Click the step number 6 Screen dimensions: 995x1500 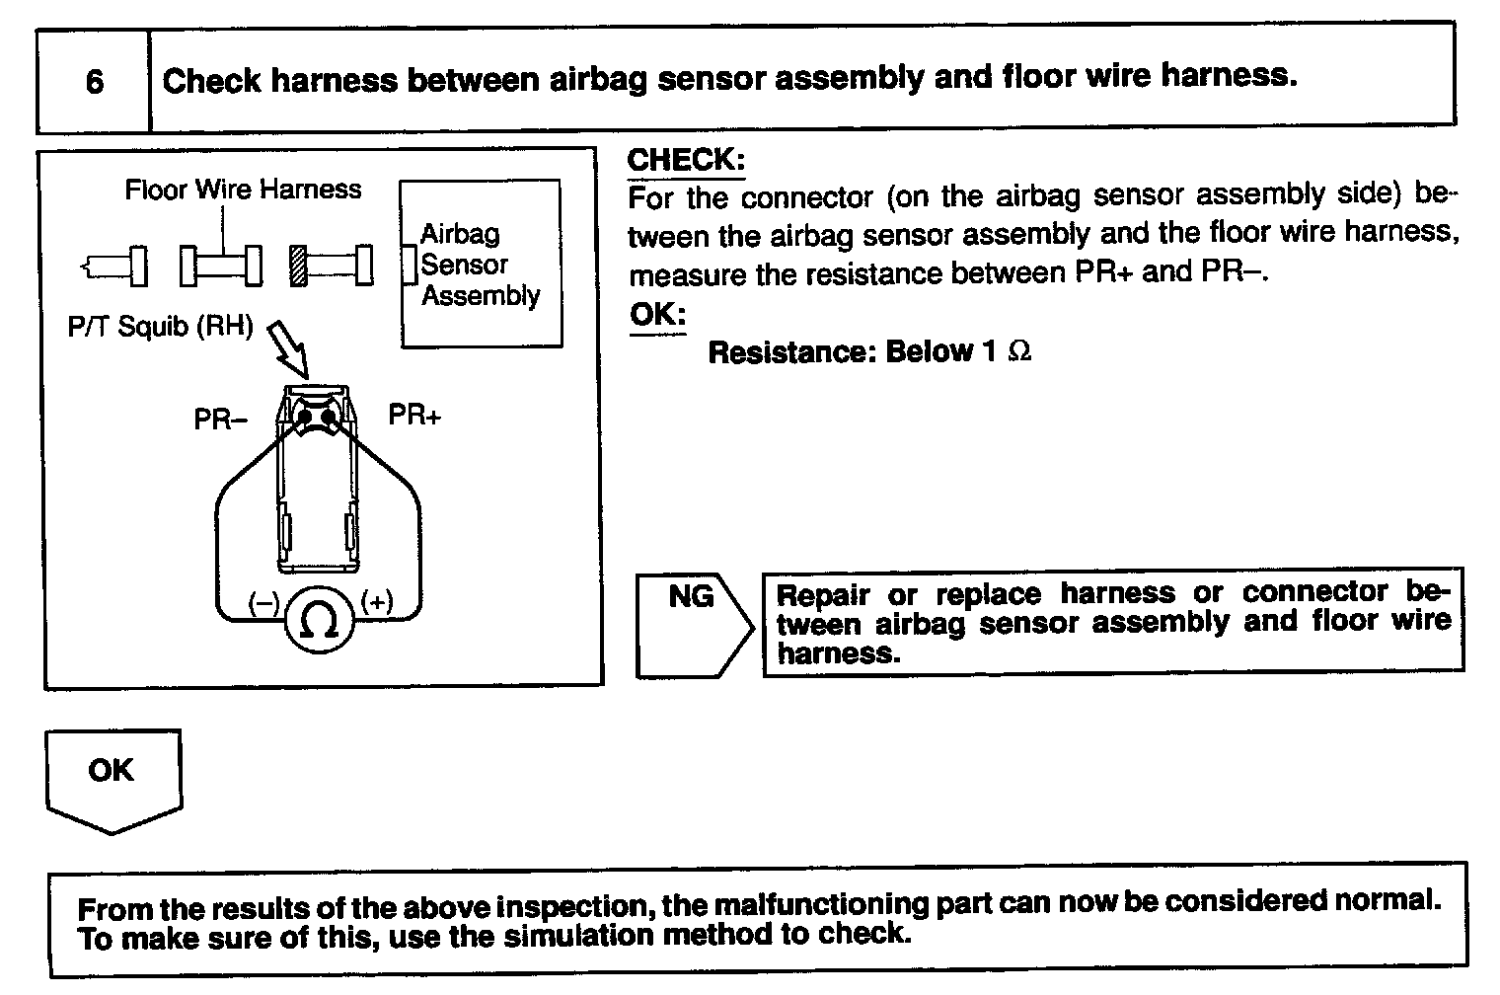click(x=95, y=81)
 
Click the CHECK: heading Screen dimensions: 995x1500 click(x=686, y=160)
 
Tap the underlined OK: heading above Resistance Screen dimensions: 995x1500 click(x=657, y=316)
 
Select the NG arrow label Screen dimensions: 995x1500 click(x=691, y=596)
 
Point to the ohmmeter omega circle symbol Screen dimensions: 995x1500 click(x=319, y=621)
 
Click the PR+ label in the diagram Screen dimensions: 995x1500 click(x=414, y=415)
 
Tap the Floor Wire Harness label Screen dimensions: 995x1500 click(x=243, y=190)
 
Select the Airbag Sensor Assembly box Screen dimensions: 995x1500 click(x=481, y=264)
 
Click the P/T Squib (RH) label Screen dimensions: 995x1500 click(x=160, y=327)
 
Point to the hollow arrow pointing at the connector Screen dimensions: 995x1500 click(x=289, y=348)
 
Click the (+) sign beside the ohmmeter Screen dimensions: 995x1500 click(x=377, y=600)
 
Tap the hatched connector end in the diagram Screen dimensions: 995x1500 click(x=297, y=265)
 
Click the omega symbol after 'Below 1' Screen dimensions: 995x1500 click(x=1020, y=351)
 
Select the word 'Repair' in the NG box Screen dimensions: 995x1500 click(x=823, y=595)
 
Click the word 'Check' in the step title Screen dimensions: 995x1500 click(x=212, y=80)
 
